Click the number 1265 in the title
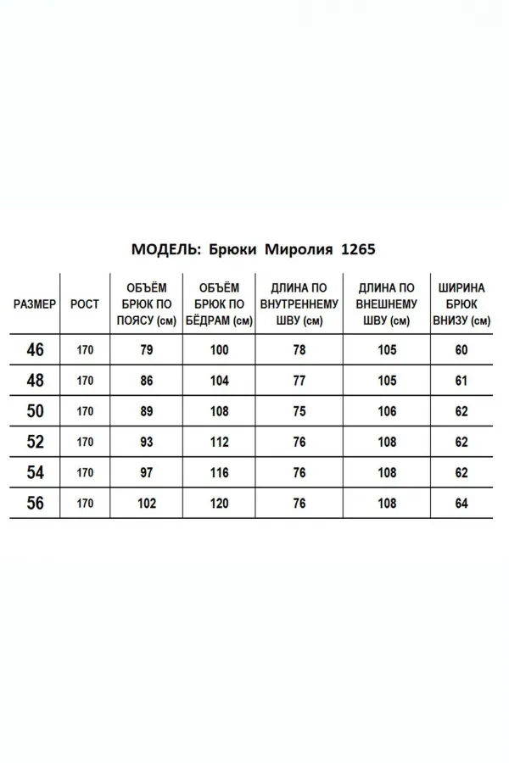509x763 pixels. [357, 250]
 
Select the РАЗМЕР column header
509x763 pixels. [36, 304]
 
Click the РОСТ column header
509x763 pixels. [85, 304]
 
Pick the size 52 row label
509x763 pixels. [36, 442]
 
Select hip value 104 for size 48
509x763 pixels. [219, 381]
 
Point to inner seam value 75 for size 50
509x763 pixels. [299, 411]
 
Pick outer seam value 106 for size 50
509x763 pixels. [387, 411]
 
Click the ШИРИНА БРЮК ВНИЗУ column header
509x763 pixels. [461, 304]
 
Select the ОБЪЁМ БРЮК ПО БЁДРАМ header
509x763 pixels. [219, 304]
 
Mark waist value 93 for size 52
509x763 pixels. [147, 442]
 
